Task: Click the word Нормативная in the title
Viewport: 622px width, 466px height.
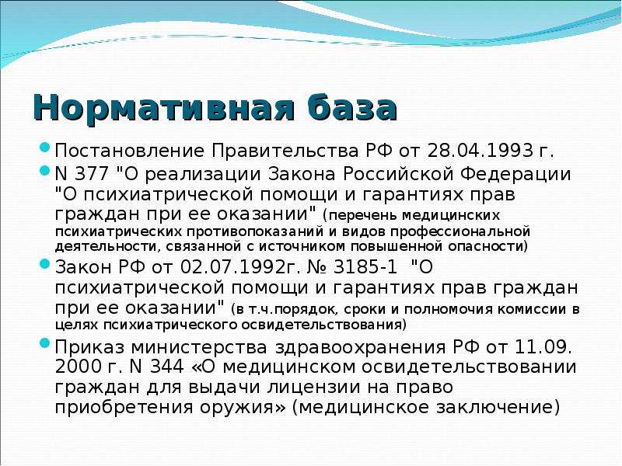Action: pos(164,108)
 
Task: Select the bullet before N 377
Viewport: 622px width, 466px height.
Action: pos(45,171)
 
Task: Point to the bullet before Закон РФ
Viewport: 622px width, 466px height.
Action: pos(45,263)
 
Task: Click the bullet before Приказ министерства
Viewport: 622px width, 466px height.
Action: pos(45,343)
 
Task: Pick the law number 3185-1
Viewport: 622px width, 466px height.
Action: pos(365,266)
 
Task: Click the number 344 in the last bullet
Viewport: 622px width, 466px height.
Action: pos(166,367)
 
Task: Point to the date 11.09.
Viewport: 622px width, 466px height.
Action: pos(543,347)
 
